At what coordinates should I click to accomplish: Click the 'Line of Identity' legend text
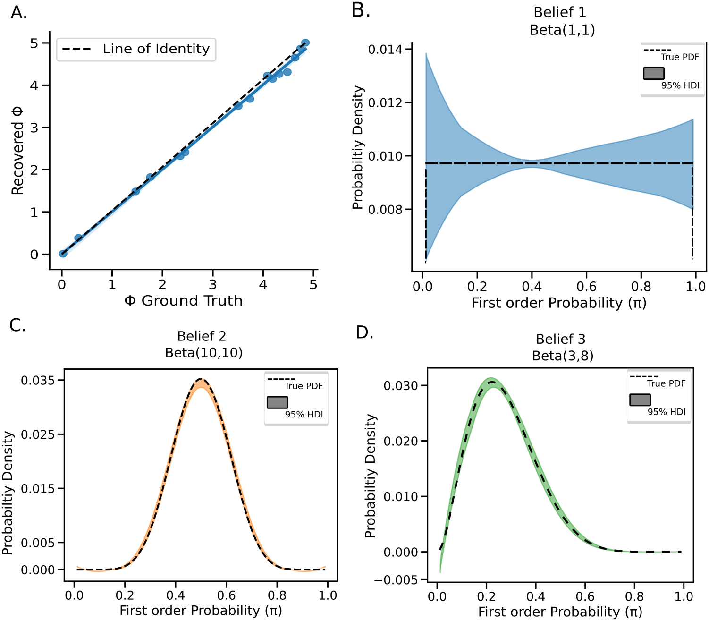[156, 49]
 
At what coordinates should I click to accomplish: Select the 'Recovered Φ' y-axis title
[17, 151]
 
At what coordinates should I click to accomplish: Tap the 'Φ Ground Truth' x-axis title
[183, 301]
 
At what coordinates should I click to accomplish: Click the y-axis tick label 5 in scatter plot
[34, 43]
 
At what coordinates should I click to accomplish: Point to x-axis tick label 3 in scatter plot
[213, 285]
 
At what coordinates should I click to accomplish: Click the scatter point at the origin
[63, 254]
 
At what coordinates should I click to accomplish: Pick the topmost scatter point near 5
[305, 43]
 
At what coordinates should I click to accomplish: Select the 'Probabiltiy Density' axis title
[358, 147]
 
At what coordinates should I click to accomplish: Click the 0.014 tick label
[385, 50]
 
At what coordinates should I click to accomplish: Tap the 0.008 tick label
[385, 209]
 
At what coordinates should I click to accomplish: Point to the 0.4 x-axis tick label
[532, 287]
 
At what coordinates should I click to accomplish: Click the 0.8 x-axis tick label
[641, 287]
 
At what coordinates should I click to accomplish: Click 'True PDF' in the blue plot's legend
[680, 57]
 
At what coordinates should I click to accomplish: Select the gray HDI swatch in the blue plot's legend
[654, 73]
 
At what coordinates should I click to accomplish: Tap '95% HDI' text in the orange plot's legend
[304, 415]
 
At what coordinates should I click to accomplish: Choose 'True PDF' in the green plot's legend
[666, 383]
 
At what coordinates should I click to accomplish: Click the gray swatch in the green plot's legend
[640, 400]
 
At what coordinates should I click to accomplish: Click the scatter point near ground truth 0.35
[78, 238]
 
